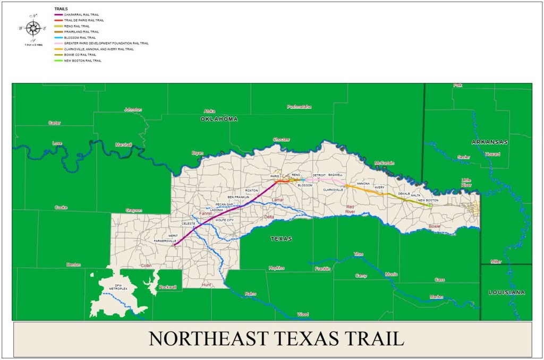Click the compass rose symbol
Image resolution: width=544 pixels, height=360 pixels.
[x=33, y=28]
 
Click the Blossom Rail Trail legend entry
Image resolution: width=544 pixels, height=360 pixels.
[x=80, y=38]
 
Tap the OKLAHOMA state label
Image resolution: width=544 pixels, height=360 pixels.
[x=219, y=119]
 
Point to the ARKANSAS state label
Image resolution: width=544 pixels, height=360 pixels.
[x=490, y=142]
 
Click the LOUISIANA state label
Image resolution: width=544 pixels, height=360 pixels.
[x=507, y=293]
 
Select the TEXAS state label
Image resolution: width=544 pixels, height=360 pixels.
[x=281, y=239]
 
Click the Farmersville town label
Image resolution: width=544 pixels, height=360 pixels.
[x=165, y=241]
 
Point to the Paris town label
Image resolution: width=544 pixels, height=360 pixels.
[x=275, y=176]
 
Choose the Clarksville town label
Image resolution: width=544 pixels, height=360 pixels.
[x=333, y=190]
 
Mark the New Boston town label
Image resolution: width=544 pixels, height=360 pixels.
[x=428, y=200]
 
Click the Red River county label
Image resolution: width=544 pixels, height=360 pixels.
[x=350, y=209]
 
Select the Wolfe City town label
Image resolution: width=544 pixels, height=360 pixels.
[x=224, y=220]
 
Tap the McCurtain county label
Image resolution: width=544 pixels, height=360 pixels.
[x=384, y=163]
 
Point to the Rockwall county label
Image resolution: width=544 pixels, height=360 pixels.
[x=167, y=287]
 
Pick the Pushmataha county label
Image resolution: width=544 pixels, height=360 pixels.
[x=299, y=107]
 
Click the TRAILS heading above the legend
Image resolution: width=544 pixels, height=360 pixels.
[x=61, y=9]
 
